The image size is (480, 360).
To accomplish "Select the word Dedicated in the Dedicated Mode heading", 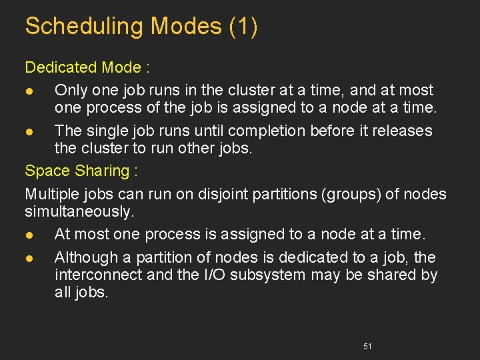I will point(61,67).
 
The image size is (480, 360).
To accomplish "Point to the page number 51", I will point(367,347).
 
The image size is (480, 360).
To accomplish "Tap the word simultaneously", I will point(79,211).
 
